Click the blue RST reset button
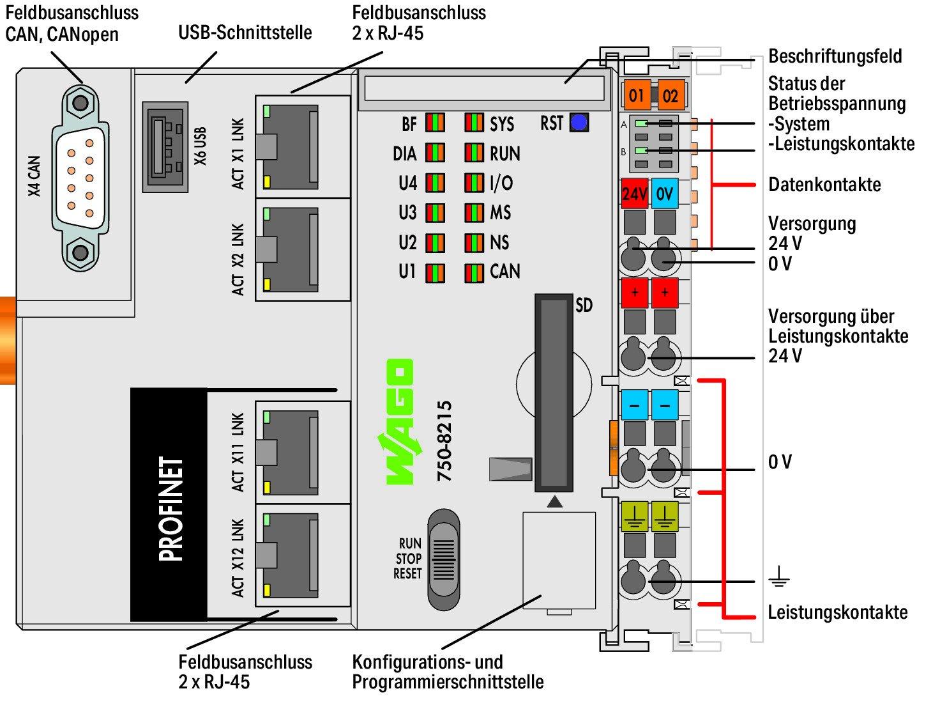[x=579, y=122]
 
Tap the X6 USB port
[x=165, y=146]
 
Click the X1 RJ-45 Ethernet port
[x=291, y=145]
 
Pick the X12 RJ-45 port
[x=291, y=554]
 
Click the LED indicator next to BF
[x=436, y=123]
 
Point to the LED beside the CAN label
[x=474, y=272]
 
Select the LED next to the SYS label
[x=474, y=123]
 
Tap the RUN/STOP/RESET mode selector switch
[x=443, y=560]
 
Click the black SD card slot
[x=554, y=392]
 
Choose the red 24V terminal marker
[x=634, y=193]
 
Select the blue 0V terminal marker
[x=665, y=193]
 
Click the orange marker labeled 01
[x=636, y=96]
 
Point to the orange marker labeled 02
[x=670, y=96]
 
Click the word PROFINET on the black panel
[x=171, y=509]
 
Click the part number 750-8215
[x=444, y=441]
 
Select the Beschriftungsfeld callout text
[x=835, y=56]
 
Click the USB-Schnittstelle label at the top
[x=245, y=32]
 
